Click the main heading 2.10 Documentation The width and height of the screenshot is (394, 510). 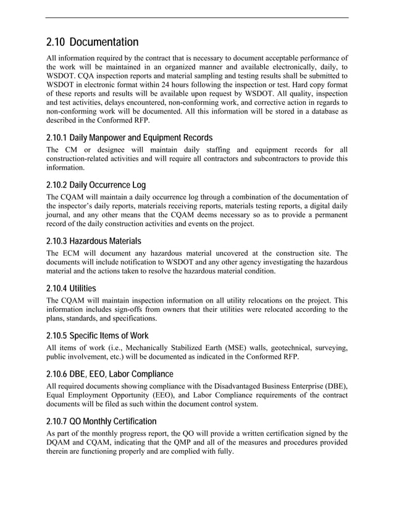[92, 43]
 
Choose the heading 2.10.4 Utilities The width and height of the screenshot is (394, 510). [71, 288]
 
